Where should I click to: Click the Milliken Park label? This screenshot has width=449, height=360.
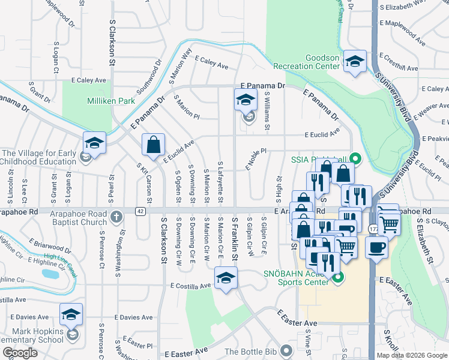[111, 101]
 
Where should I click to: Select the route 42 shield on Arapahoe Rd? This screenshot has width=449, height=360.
[140, 211]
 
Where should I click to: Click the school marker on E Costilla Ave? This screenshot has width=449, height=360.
[226, 278]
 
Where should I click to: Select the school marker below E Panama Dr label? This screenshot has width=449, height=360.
[246, 100]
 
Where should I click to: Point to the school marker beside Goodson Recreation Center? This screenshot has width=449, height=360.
[355, 61]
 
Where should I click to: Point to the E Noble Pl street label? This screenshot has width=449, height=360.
[255, 160]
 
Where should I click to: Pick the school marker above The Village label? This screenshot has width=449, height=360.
[94, 143]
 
